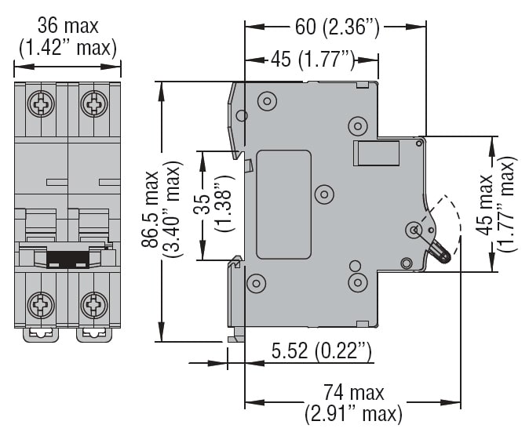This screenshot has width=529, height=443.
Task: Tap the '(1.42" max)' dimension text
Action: [67, 48]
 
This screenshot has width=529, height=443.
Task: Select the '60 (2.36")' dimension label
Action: [337, 28]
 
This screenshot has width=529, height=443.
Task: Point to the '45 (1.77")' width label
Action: [313, 57]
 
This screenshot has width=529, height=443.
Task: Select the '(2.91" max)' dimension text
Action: [354, 412]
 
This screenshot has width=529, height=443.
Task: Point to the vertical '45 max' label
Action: [487, 205]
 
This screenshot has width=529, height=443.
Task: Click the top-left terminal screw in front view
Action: [40, 102]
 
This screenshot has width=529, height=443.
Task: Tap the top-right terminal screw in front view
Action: [94, 102]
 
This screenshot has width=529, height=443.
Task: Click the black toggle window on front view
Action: [67, 259]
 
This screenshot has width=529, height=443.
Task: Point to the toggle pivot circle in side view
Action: [414, 229]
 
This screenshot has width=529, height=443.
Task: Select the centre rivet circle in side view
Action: [323, 193]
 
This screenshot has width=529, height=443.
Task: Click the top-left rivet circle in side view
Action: [266, 101]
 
